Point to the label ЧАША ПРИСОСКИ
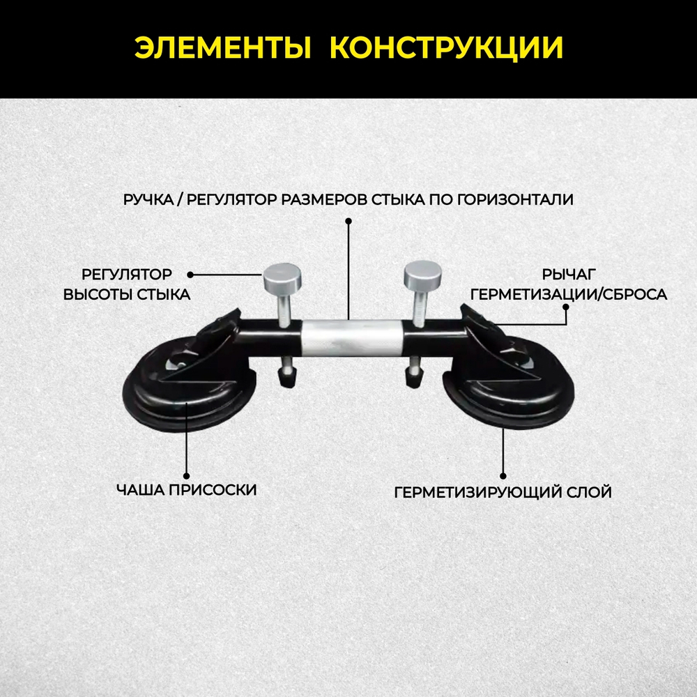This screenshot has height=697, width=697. coord(187,490)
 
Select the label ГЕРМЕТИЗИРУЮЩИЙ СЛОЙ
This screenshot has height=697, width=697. coord(503,493)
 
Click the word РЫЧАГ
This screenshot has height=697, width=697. coord(566,274)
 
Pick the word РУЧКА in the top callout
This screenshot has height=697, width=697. coord(148,199)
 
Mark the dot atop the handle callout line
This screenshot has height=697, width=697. coord(348,221)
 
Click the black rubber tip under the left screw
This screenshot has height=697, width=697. coord(286,378)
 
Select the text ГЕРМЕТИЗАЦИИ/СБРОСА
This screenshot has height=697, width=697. coord(569,295)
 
